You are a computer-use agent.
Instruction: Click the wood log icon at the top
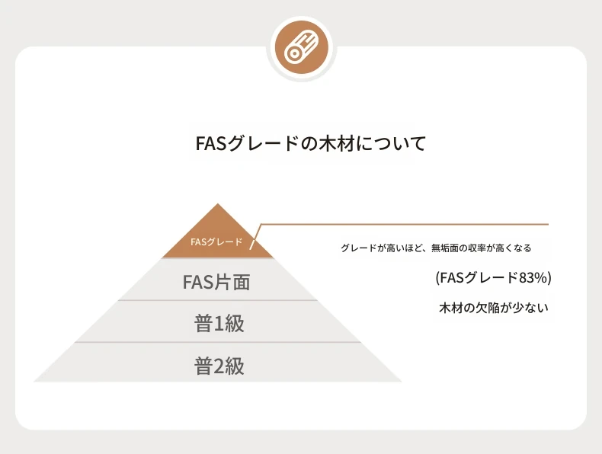302,47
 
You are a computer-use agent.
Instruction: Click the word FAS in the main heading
210,143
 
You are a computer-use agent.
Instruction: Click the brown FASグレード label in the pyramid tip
216,242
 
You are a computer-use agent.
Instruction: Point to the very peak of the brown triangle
218,204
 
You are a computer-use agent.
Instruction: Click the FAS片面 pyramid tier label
216,282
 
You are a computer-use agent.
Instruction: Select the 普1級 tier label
219,323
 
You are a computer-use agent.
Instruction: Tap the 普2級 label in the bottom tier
219,366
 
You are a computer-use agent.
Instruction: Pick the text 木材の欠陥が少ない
494,308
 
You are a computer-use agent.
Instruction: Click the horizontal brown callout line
405,224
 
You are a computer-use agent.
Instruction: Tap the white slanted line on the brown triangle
255,237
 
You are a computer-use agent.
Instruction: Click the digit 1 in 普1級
219,324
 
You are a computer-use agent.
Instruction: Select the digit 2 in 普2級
219,366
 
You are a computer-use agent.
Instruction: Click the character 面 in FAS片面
242,282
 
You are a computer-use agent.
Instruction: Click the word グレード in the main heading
263,143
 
